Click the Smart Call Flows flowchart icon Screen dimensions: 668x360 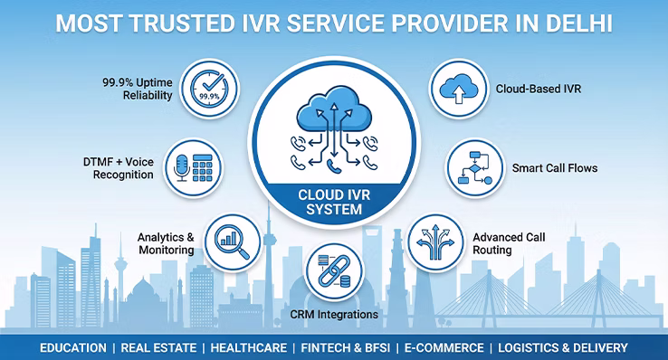474,167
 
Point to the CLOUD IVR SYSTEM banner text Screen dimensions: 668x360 332,201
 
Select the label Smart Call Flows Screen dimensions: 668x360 555,168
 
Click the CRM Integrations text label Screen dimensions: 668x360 333,316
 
